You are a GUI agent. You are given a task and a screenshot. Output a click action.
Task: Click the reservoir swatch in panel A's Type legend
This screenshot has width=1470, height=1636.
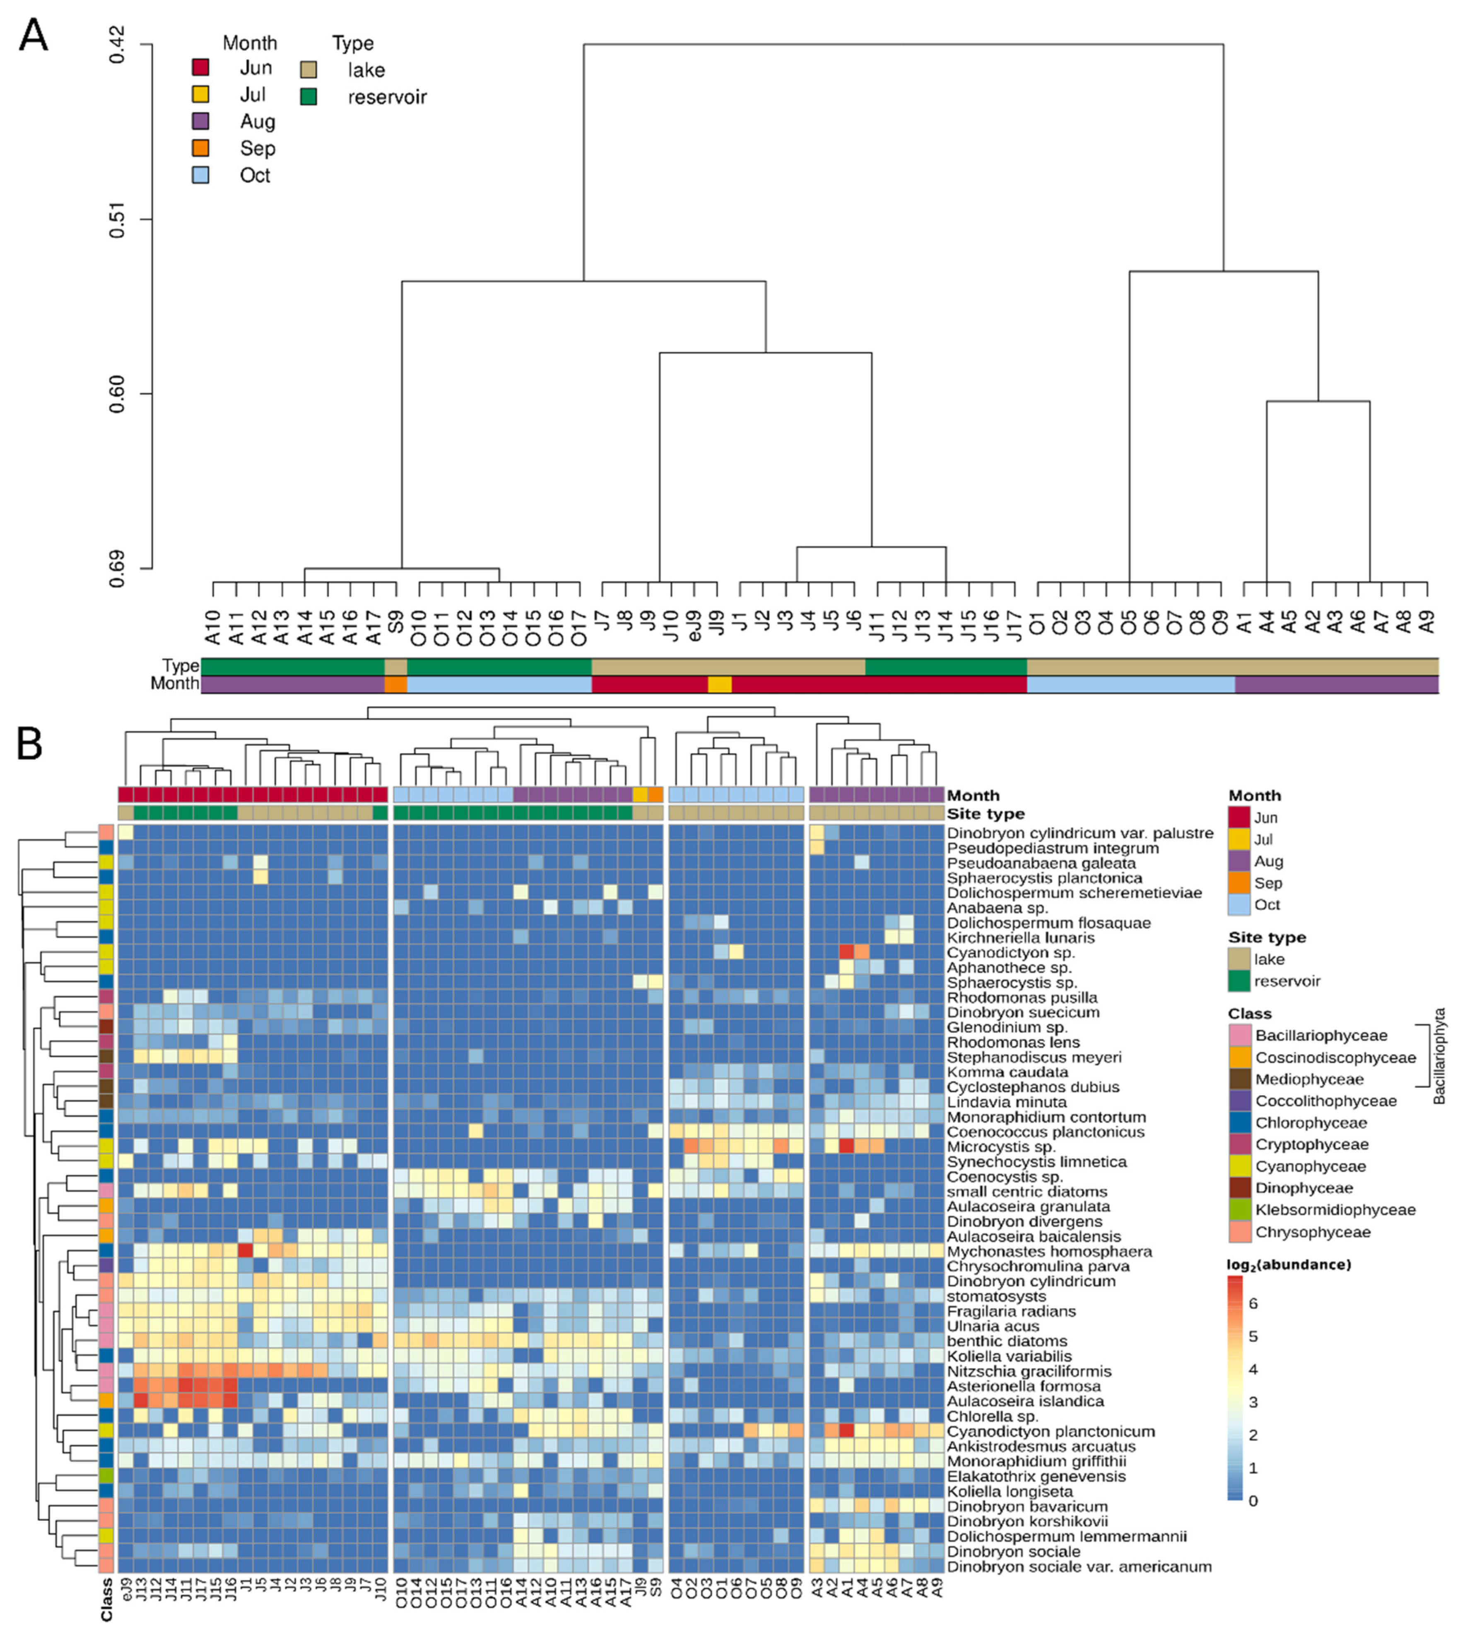(308, 97)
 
